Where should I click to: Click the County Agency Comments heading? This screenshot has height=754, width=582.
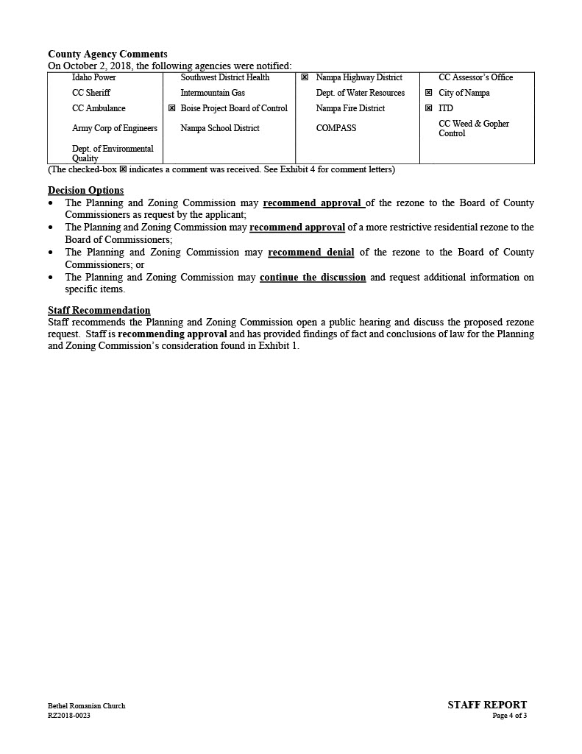pyautogui.click(x=107, y=54)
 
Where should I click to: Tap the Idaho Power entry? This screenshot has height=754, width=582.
pyautogui.click(x=93, y=77)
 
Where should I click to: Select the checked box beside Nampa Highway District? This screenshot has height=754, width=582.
pyautogui.click(x=305, y=77)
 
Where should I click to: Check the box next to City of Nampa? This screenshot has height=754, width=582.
pyautogui.click(x=428, y=93)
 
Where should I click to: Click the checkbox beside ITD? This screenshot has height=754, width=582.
pyautogui.click(x=428, y=108)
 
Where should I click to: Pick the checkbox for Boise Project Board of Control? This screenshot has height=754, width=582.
pyautogui.click(x=172, y=108)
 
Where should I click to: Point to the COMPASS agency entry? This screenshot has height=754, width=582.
pyautogui.click(x=336, y=128)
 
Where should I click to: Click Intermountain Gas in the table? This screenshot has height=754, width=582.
pyautogui.click(x=213, y=93)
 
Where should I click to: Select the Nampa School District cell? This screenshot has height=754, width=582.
pyautogui.click(x=220, y=128)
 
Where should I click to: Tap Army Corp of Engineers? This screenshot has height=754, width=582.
pyautogui.click(x=114, y=128)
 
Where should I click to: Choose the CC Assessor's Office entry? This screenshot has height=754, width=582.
pyautogui.click(x=475, y=77)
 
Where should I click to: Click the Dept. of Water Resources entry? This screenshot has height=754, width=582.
pyautogui.click(x=360, y=93)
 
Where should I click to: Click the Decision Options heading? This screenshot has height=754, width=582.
pyautogui.click(x=85, y=191)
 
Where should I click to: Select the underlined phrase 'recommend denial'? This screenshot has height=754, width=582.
pyautogui.click(x=310, y=253)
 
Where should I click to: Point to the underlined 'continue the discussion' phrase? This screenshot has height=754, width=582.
pyautogui.click(x=313, y=278)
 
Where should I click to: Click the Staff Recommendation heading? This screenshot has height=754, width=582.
pyautogui.click(x=99, y=311)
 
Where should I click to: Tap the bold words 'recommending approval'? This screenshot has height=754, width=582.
pyautogui.click(x=172, y=334)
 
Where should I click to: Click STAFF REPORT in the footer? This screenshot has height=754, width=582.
pyautogui.click(x=487, y=705)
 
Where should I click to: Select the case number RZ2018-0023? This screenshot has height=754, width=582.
pyautogui.click(x=69, y=716)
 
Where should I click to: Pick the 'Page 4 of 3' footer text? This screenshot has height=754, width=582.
pyautogui.click(x=510, y=716)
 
